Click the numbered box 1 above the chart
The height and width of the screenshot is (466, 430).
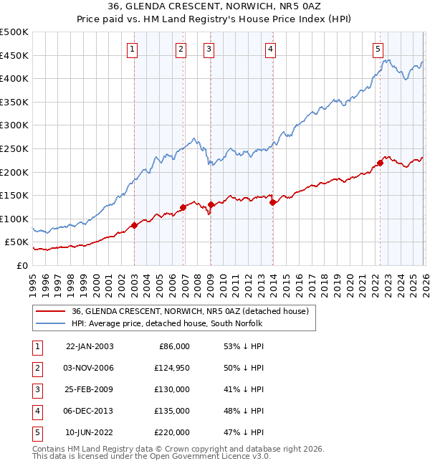(x=134, y=49)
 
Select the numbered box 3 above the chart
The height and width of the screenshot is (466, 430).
(x=209, y=49)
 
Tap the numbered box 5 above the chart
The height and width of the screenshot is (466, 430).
(x=378, y=49)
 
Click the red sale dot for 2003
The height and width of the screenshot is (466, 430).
(x=134, y=226)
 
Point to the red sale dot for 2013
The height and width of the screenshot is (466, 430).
(x=272, y=203)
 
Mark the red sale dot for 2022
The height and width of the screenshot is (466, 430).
(x=380, y=163)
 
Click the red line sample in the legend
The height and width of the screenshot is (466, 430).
(x=51, y=311)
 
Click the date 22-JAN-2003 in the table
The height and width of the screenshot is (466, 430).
(x=90, y=346)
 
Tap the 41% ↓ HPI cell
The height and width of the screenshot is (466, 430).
(x=243, y=389)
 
